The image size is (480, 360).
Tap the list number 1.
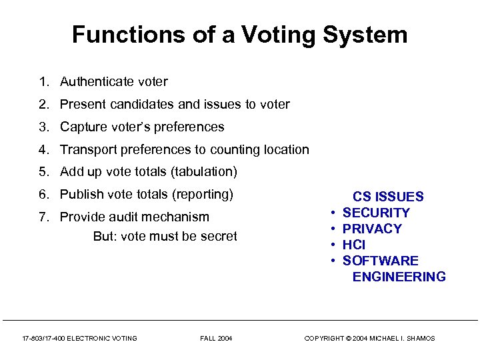pyautogui.click(x=43, y=82)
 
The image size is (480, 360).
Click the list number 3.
pyautogui.click(x=43, y=127)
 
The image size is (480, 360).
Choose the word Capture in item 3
pyautogui.click(x=82, y=127)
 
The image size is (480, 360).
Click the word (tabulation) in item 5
pyautogui.click(x=204, y=172)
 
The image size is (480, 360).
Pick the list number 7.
pyautogui.click(x=43, y=217)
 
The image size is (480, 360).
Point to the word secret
pyautogui.click(x=219, y=237)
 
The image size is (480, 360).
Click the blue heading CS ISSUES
pyautogui.click(x=388, y=197)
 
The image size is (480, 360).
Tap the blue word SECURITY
pyautogui.click(x=376, y=213)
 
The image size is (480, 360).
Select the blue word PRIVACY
pyautogui.click(x=372, y=229)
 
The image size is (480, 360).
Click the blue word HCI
pyautogui.click(x=354, y=245)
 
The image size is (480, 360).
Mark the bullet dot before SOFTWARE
pyautogui.click(x=332, y=261)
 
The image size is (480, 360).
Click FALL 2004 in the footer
pyautogui.click(x=216, y=339)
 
